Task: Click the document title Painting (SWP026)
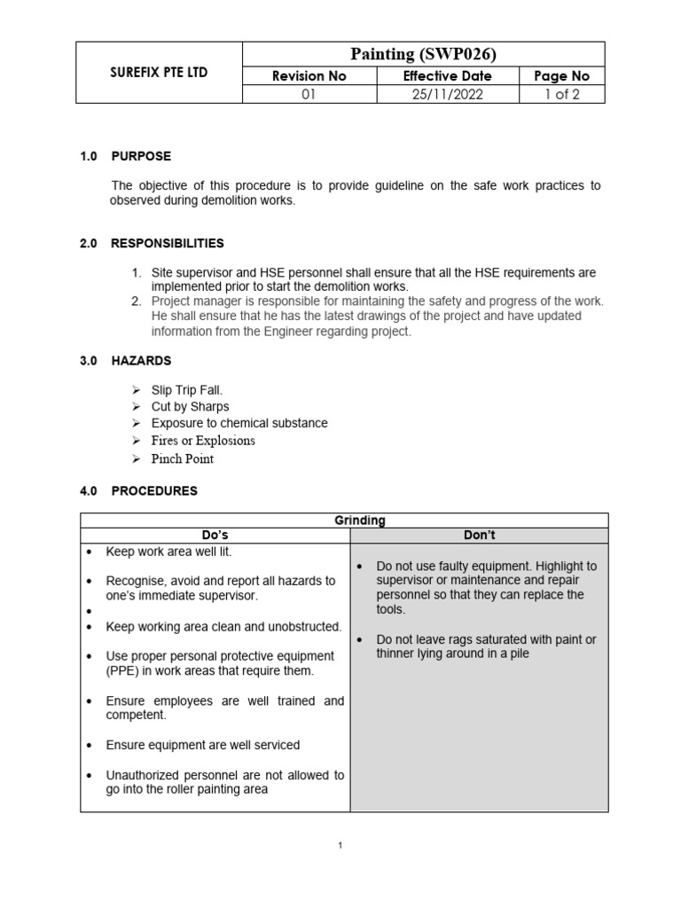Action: pyautogui.click(x=430, y=54)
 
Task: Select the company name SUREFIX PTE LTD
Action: pyautogui.click(x=153, y=73)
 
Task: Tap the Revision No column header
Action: pyautogui.click(x=309, y=76)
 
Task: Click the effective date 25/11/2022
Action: pyautogui.click(x=447, y=95)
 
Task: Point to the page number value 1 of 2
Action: pyautogui.click(x=561, y=95)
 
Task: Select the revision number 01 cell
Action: pyautogui.click(x=309, y=95)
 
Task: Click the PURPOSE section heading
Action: pyautogui.click(x=141, y=156)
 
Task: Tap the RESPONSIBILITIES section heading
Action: pyautogui.click(x=167, y=243)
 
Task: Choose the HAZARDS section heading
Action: pyautogui.click(x=141, y=361)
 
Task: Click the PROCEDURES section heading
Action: pyautogui.click(x=154, y=490)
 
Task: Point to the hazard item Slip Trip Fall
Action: pyautogui.click(x=187, y=390)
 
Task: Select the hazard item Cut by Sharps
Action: pyautogui.click(x=190, y=406)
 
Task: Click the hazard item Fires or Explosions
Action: pyautogui.click(x=203, y=441)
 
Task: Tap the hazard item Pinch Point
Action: pyautogui.click(x=183, y=458)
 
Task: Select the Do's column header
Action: pyautogui.click(x=215, y=536)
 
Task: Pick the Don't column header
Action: pyautogui.click(x=479, y=536)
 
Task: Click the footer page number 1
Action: pyautogui.click(x=340, y=846)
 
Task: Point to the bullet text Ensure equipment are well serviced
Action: pyautogui.click(x=203, y=745)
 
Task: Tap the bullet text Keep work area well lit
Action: pyautogui.click(x=168, y=552)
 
